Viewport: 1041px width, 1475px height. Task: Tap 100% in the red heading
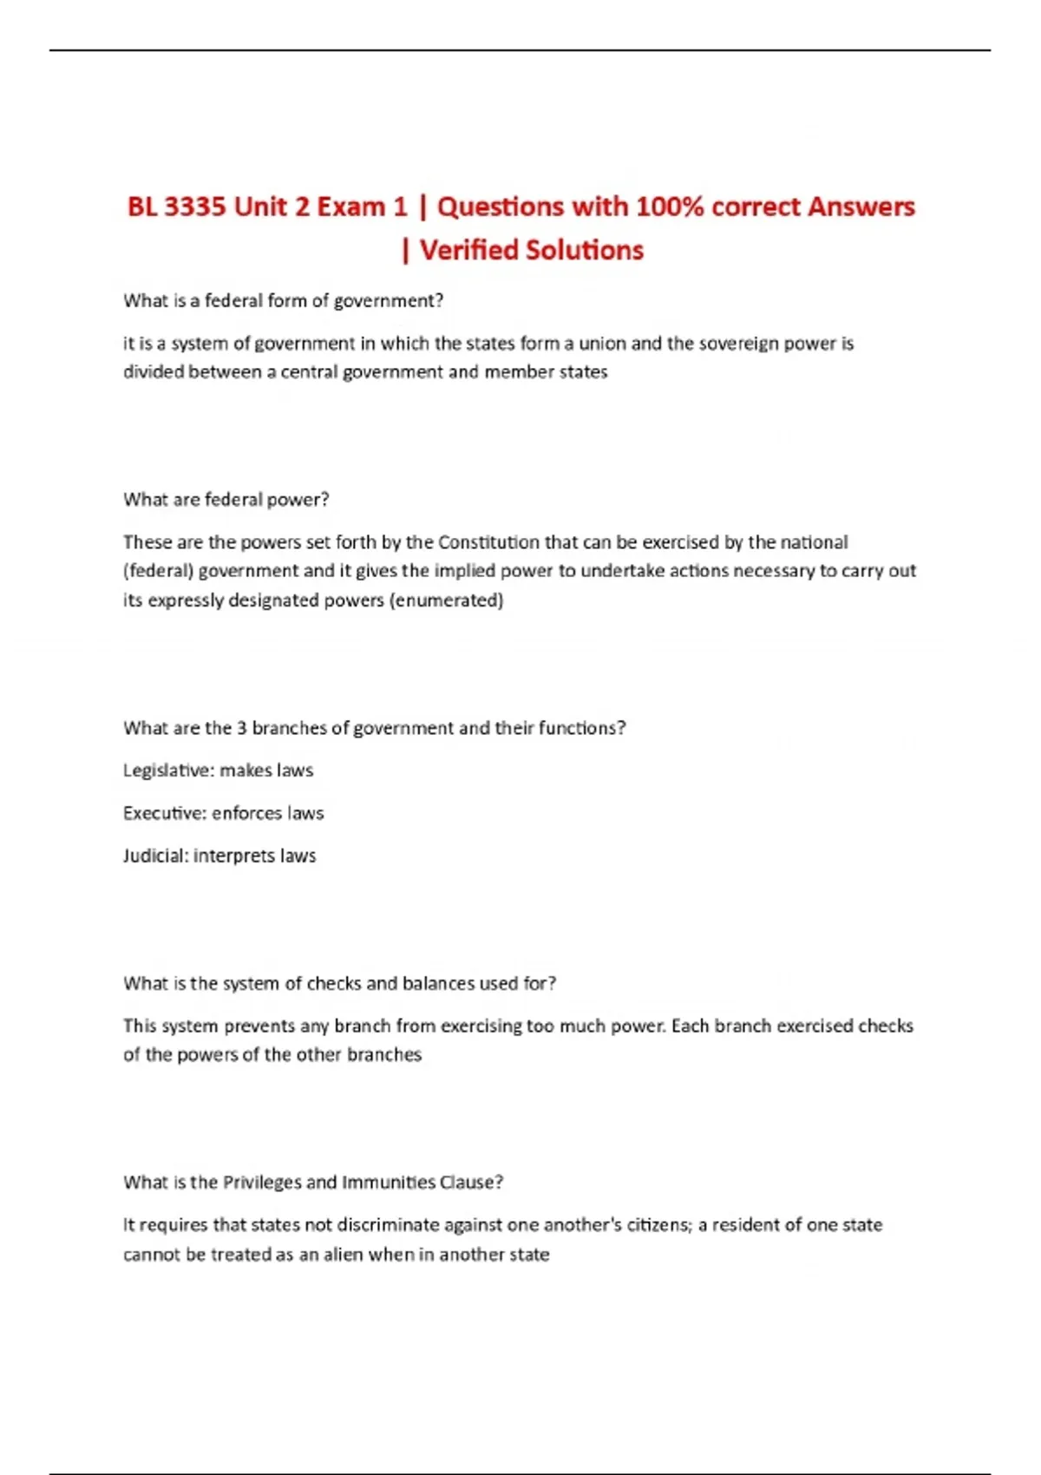[670, 207]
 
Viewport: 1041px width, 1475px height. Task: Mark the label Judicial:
[155, 856]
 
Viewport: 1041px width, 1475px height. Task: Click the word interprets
[233, 856]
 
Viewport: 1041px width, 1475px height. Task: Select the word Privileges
[261, 1183]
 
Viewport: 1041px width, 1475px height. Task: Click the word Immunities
[389, 1183]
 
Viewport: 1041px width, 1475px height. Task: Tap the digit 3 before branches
[242, 728]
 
